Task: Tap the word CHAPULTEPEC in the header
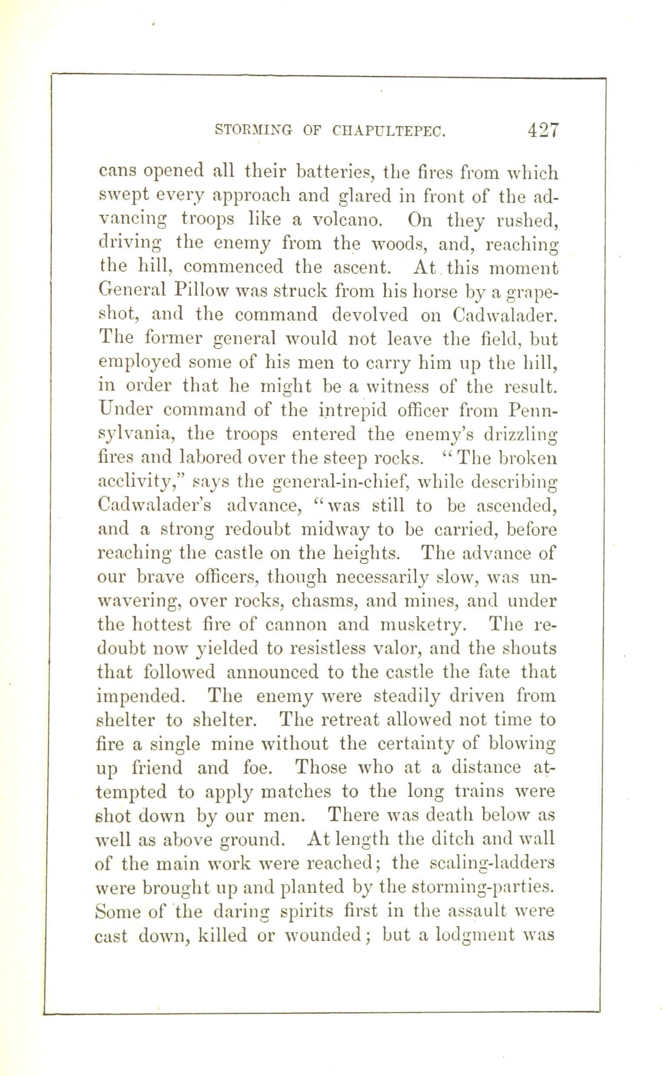[x=388, y=131]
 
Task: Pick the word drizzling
[x=520, y=435]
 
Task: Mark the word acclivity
[x=139, y=483]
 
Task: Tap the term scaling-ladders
[x=492, y=863]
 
